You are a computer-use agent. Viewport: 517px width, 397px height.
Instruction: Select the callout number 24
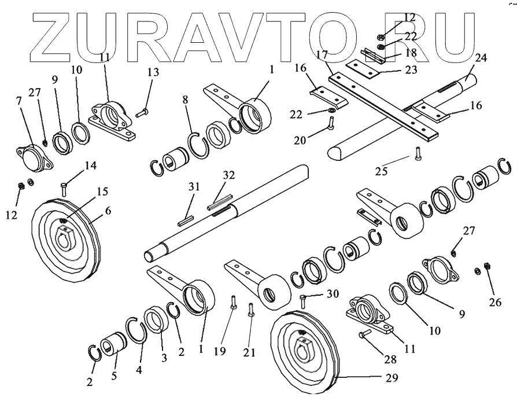click(x=481, y=58)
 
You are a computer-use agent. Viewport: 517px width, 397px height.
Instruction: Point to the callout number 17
click(x=323, y=54)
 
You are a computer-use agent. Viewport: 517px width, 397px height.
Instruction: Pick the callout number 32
click(x=228, y=175)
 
